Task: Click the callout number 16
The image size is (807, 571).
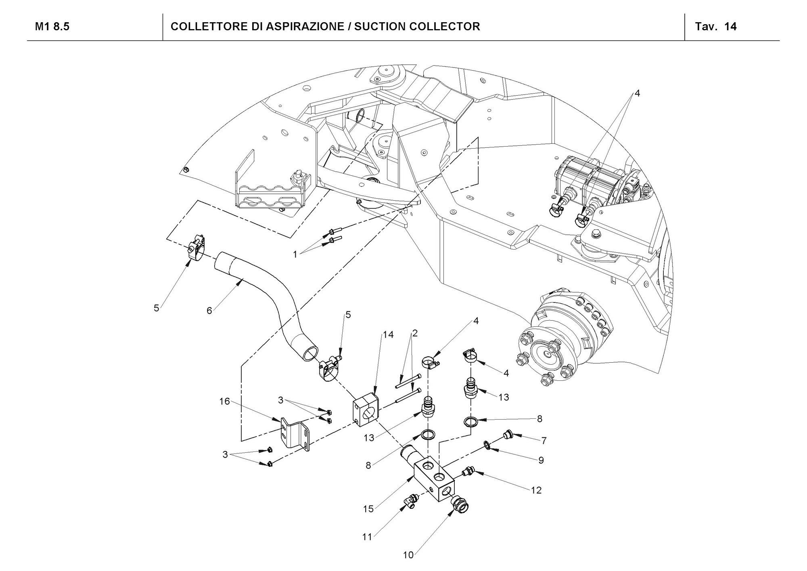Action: [x=224, y=401]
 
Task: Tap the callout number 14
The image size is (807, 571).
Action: [x=388, y=335]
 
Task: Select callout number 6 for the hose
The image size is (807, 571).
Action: [x=209, y=311]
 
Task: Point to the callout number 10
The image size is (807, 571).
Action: [x=408, y=555]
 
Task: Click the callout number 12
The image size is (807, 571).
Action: [x=536, y=490]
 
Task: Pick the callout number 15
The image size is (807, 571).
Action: [x=368, y=509]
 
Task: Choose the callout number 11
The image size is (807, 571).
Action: [x=367, y=537]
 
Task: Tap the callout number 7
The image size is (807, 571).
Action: [x=544, y=441]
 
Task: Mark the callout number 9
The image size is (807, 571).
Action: [x=541, y=460]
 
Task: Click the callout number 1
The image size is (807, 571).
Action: [x=295, y=254]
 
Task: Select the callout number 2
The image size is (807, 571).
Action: [x=414, y=334]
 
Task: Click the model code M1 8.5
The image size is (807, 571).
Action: [x=52, y=27]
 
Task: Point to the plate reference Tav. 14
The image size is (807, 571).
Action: [x=716, y=27]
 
